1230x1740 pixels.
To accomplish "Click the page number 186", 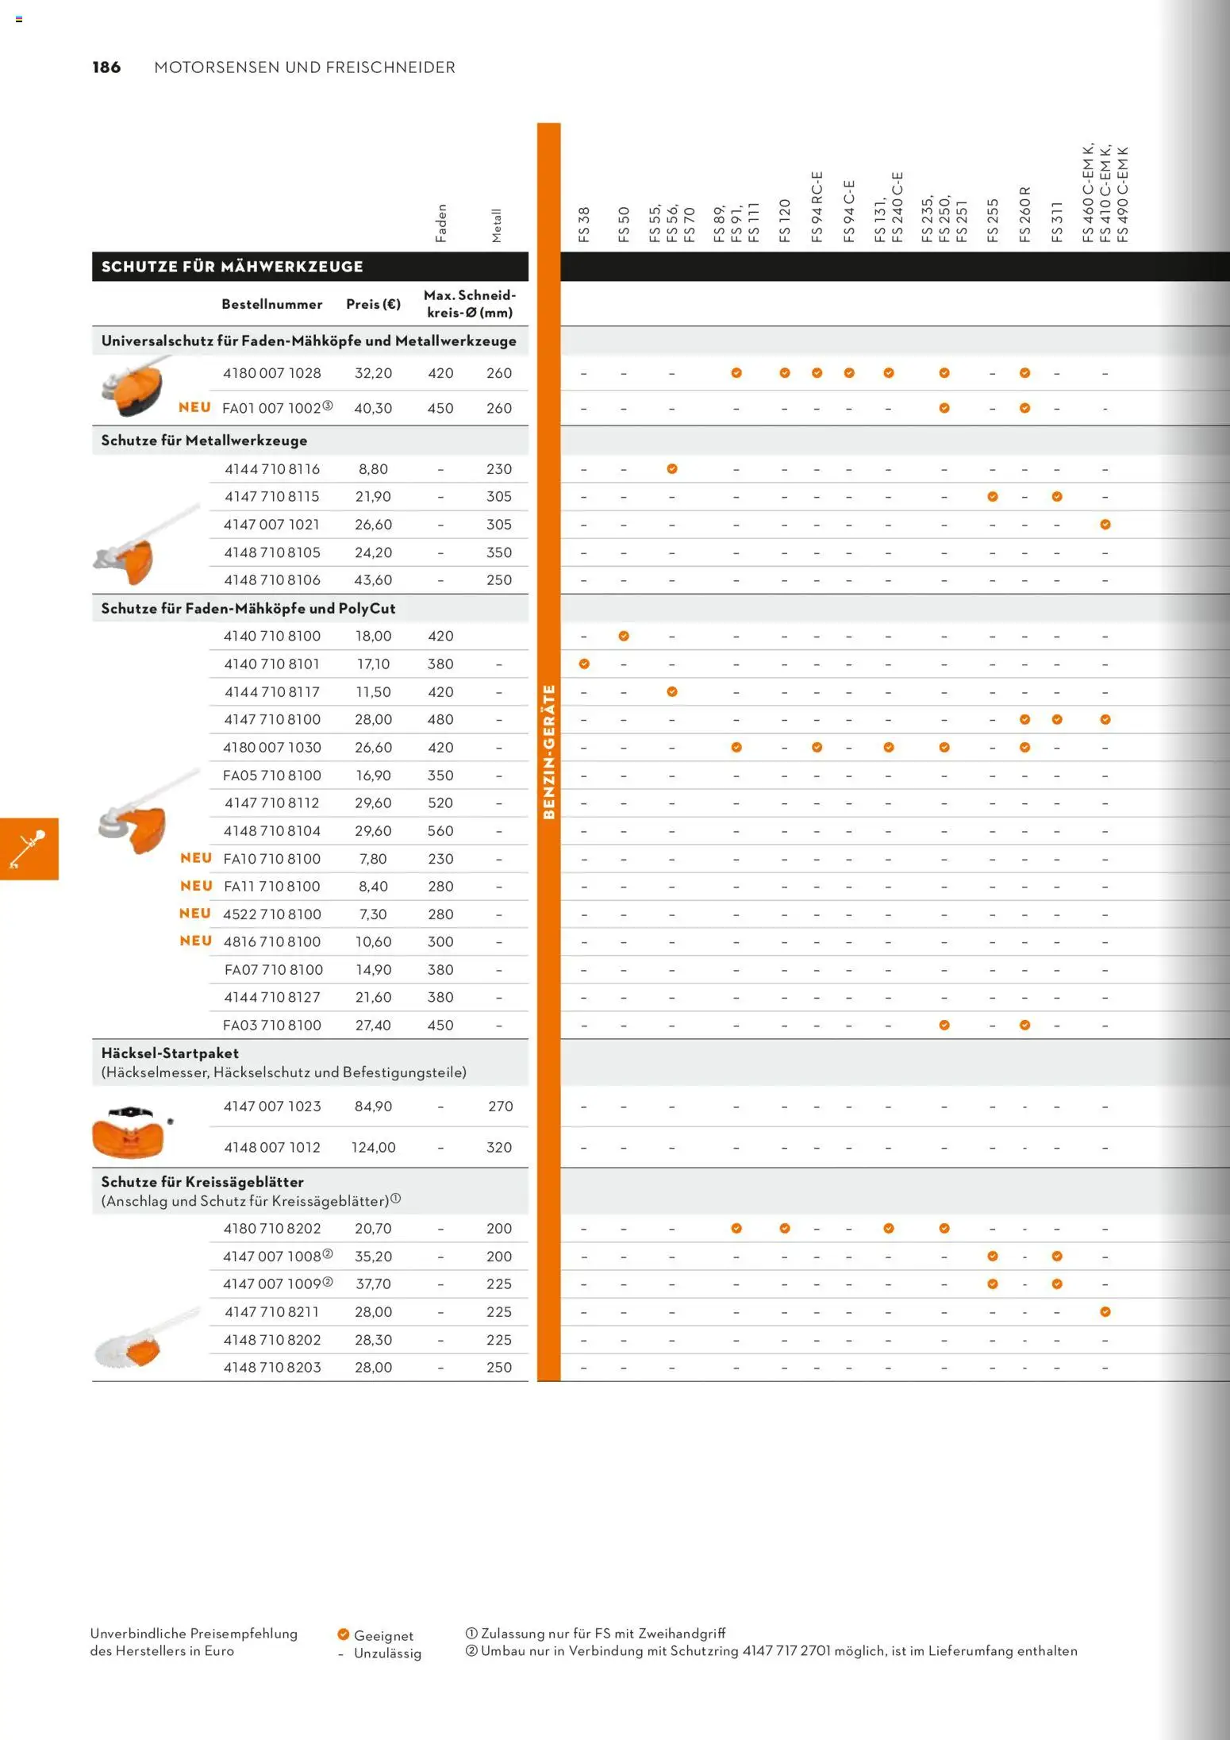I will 106,67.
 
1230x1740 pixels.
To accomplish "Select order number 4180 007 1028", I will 271,373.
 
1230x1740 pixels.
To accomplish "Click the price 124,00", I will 373,1147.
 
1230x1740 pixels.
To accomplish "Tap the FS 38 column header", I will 585,224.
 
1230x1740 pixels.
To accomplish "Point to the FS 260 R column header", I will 1025,214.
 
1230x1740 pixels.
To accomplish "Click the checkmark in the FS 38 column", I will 584,664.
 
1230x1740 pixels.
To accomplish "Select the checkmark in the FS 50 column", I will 624,636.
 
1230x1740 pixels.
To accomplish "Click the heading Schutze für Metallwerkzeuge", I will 204,441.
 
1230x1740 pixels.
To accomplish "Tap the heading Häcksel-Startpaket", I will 170,1053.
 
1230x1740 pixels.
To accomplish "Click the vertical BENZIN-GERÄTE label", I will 548,751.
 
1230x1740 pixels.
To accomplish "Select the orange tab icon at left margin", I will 29,849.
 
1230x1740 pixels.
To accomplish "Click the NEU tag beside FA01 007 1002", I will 194,407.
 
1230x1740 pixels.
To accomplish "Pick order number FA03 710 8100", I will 271,1025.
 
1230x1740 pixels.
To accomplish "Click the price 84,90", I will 373,1106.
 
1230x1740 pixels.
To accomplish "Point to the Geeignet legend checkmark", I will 344,1634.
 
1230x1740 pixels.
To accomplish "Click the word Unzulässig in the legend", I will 387,1653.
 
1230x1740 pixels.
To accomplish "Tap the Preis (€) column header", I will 373,304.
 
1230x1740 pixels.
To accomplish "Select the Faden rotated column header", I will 441,223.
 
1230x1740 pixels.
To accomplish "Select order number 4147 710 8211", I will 271,1311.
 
